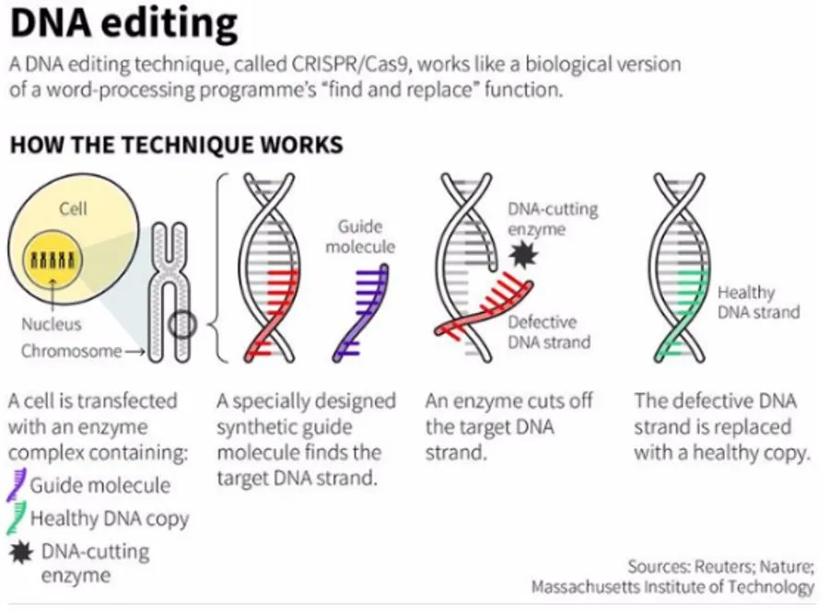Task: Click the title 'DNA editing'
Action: pos(123,25)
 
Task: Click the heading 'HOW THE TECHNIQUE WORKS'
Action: pos(176,145)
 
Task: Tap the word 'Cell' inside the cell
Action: pos(74,209)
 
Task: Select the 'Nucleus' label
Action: pos(52,324)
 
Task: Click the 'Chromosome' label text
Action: pos(71,351)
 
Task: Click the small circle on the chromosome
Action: pos(183,325)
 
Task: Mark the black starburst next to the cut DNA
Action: pos(523,254)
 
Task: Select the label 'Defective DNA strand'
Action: pos(548,332)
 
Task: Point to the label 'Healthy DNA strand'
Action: pos(758,302)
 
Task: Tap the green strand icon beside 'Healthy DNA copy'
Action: pos(17,518)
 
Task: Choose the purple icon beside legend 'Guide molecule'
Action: pos(17,485)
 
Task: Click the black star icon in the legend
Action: pos(18,552)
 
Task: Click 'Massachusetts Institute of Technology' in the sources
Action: pos(672,586)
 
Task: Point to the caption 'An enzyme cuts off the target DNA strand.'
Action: pos(509,427)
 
